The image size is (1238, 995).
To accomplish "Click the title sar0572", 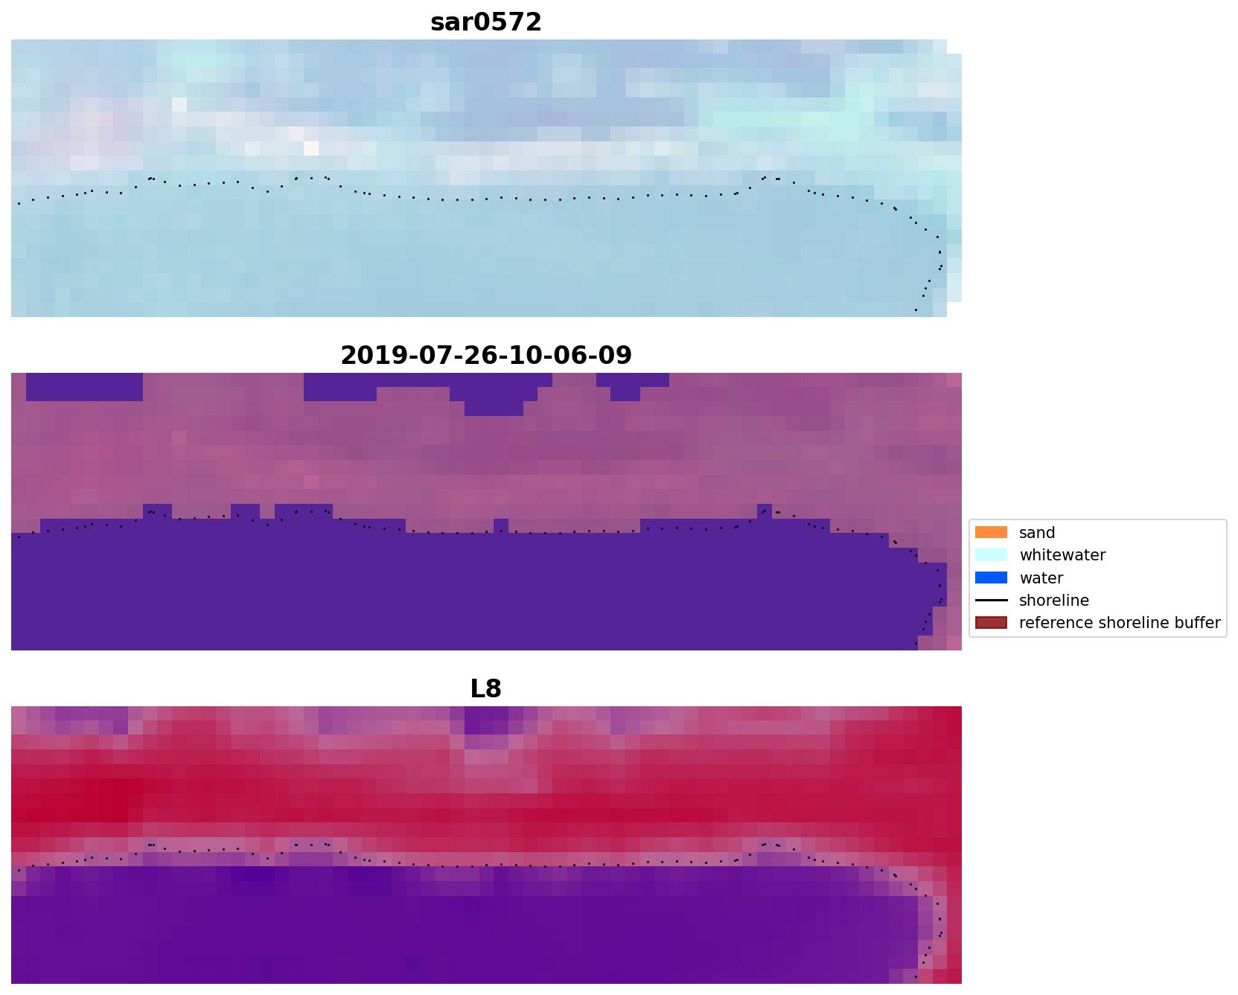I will [485, 22].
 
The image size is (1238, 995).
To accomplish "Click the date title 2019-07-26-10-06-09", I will [485, 356].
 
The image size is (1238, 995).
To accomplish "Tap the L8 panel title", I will [485, 689].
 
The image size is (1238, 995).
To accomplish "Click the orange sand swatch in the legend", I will [991, 533].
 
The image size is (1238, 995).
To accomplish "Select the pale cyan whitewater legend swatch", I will [991, 555].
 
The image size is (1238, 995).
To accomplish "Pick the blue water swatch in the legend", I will [991, 578].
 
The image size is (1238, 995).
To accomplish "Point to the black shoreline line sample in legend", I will [991, 601].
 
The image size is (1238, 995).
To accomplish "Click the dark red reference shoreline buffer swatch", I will [991, 623].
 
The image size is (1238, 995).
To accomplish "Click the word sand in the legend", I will [1036, 533].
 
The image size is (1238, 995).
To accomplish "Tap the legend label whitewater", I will [1062, 555].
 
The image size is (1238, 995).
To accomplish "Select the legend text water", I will [1041, 578].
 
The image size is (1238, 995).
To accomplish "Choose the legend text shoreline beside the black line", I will [1053, 601].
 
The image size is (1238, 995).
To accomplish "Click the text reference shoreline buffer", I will [1119, 623].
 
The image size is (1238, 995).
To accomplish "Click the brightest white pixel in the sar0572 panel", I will [311, 148].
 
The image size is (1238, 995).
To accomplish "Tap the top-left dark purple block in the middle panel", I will [84, 386].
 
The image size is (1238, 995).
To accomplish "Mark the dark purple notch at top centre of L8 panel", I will [486, 721].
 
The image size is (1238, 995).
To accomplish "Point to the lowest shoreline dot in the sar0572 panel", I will [915, 310].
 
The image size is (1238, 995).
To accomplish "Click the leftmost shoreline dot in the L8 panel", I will [19, 869].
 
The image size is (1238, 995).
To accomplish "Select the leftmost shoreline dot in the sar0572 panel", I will [19, 202].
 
